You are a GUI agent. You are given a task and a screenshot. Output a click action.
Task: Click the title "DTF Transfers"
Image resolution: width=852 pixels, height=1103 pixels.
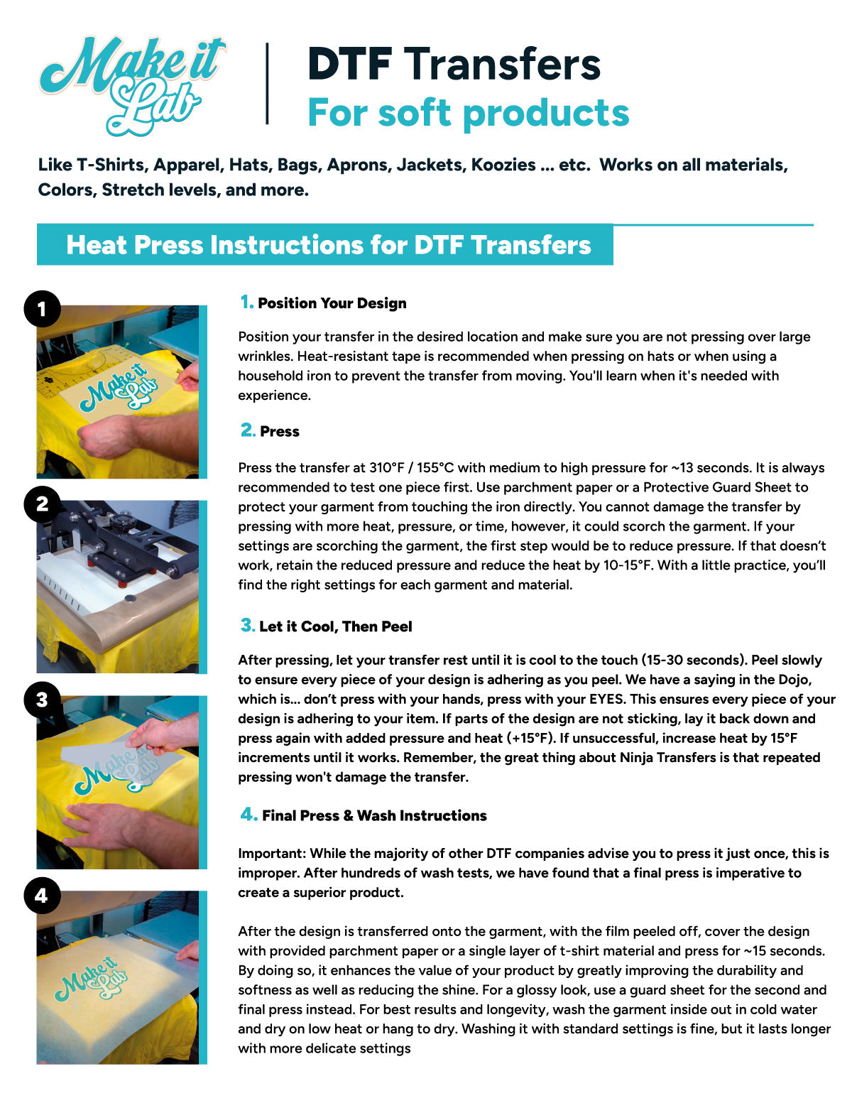point(454,64)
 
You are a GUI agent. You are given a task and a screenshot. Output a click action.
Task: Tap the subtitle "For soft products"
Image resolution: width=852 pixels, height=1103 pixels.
point(468,113)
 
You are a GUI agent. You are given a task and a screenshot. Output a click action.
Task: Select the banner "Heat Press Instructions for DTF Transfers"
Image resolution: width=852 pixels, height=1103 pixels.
point(328,245)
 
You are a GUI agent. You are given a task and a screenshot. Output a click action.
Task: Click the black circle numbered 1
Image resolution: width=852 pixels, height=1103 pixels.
point(42,308)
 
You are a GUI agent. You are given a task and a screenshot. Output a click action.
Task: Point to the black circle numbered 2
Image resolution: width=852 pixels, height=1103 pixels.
point(42,504)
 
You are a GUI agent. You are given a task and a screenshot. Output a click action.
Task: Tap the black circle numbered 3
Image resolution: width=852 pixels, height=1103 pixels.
point(42,700)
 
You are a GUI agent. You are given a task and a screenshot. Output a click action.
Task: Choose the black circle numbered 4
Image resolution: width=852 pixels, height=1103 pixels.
point(42,895)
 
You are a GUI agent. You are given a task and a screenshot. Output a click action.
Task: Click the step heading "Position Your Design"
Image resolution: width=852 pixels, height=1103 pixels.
point(332,303)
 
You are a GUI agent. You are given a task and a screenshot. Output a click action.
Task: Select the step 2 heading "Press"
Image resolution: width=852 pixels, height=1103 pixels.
point(279,432)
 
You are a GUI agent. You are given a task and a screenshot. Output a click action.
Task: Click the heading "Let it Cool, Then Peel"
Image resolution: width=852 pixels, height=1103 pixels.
point(335,626)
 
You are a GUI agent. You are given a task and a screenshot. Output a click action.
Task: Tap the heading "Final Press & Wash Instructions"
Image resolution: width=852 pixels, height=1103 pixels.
point(374,815)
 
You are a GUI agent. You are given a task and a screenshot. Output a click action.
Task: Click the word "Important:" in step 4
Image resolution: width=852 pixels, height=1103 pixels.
point(272,854)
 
